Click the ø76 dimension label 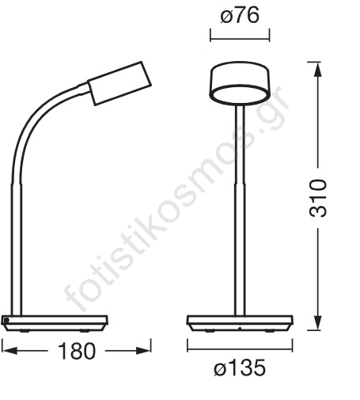click(240, 16)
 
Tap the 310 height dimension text click(318, 198)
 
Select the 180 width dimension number click(77, 351)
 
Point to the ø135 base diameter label click(240, 368)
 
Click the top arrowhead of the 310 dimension click(318, 70)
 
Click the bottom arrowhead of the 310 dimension click(318, 322)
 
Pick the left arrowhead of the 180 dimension click(9, 351)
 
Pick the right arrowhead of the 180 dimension click(143, 351)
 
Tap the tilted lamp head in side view click(119, 83)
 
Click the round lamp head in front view click(240, 82)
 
